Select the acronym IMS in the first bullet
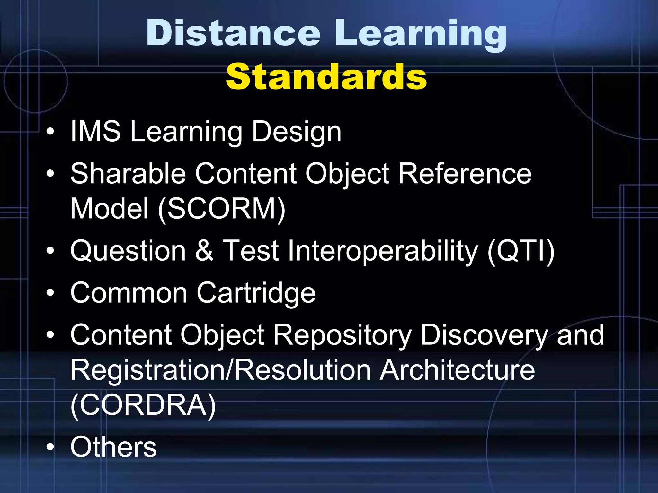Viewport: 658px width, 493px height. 95,131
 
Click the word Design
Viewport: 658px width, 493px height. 296,133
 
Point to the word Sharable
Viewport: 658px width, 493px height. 128,174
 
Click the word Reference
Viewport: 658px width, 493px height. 465,174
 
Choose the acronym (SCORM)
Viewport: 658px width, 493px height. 222,209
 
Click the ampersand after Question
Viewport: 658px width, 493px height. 204,251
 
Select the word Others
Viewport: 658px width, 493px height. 113,447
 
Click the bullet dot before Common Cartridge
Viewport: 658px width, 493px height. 50,293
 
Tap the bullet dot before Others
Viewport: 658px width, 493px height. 50,447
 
